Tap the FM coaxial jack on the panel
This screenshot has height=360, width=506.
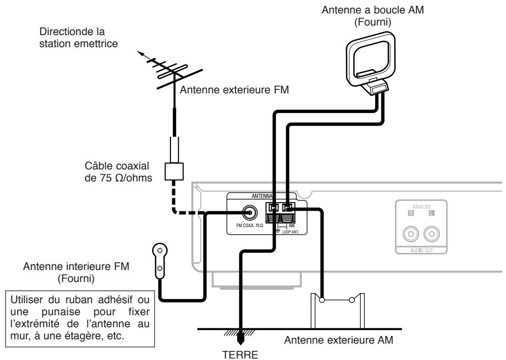tap(249, 211)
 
